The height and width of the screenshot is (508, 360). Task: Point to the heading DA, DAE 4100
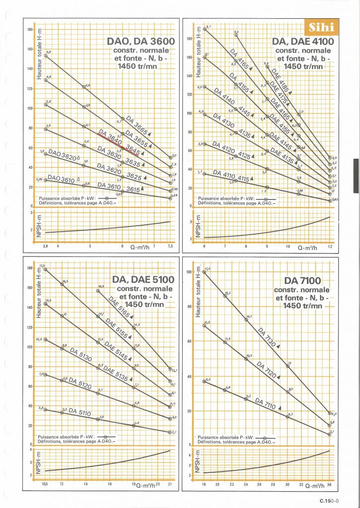point(303,42)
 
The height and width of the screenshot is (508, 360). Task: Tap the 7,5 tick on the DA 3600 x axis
point(170,246)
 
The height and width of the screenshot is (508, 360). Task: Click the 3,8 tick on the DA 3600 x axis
point(45,246)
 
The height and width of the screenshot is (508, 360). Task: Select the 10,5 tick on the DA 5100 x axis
point(45,484)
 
